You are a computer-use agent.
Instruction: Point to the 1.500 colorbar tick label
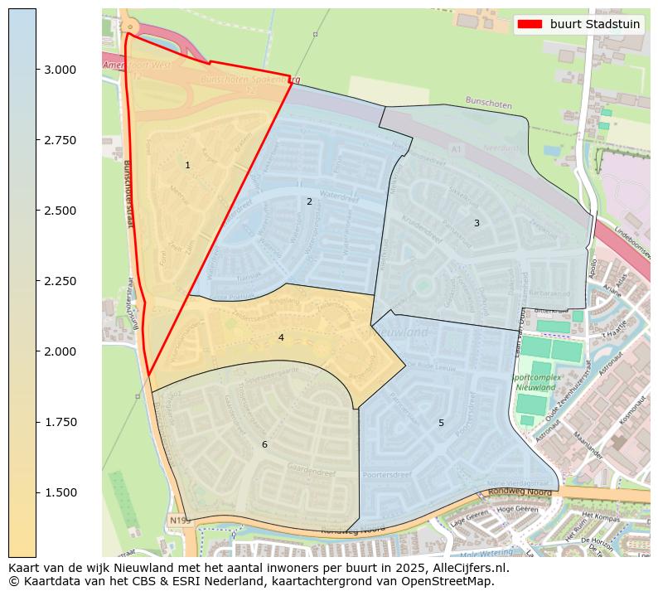pos(60,492)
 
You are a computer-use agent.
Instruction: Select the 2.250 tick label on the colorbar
pos(60,281)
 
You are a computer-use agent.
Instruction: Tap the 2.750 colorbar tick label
pos(60,140)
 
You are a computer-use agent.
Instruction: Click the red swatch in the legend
pos(530,24)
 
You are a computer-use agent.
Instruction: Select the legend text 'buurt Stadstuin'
pos(594,24)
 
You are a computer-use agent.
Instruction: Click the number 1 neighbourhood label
pos(187,166)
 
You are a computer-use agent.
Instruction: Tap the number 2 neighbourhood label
pos(309,201)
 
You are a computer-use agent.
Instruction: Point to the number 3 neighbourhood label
pos(477,223)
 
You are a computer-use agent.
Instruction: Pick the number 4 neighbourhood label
pos(281,337)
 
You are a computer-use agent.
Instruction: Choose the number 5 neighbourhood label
pos(441,423)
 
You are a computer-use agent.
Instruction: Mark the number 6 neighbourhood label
pos(264,445)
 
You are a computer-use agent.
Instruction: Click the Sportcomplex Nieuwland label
pos(535,382)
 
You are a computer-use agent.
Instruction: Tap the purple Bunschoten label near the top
pos(488,104)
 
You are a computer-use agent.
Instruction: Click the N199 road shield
pos(179,520)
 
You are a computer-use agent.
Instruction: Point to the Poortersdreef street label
pos(387,475)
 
